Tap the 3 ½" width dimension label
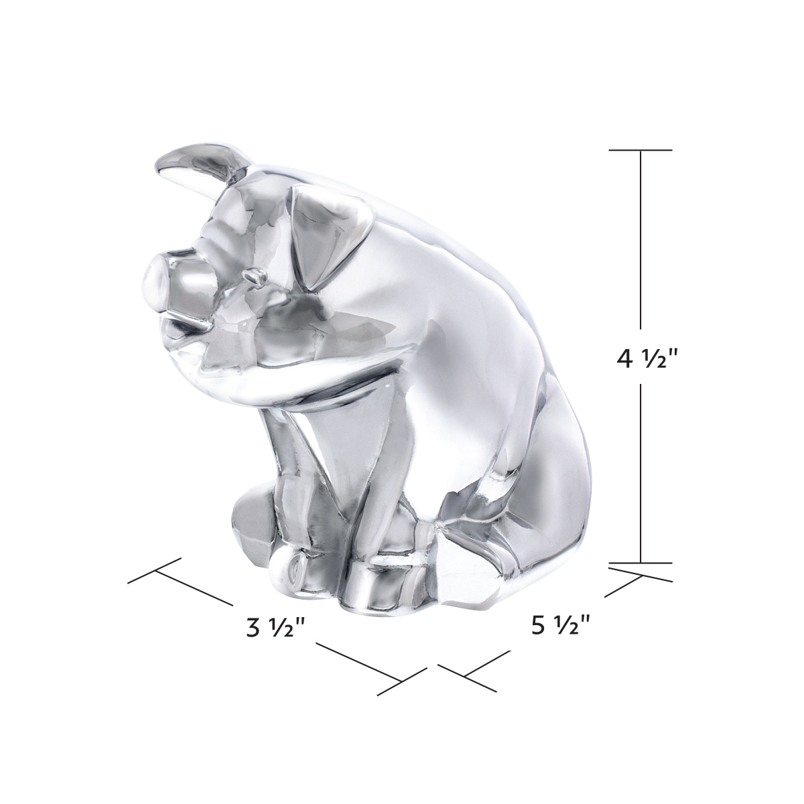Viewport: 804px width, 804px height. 276,628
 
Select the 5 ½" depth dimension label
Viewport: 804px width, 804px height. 560,626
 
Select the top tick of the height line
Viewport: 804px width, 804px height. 641,150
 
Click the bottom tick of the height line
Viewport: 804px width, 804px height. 641,563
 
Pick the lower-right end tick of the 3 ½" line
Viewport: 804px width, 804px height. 401,681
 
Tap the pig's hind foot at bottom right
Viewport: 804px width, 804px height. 469,569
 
